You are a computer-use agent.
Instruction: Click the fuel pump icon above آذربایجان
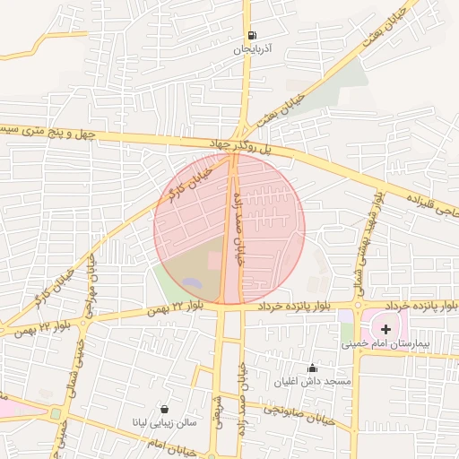pyautogui.click(x=248, y=36)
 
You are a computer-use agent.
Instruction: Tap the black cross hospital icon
pyautogui.click(x=386, y=330)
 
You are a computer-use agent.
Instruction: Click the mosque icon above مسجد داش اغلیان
pyautogui.click(x=312, y=367)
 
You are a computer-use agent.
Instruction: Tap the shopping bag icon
pyautogui.click(x=163, y=408)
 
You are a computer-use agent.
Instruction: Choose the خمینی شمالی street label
pyautogui.click(x=75, y=368)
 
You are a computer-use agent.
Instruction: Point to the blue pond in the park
pyautogui.click(x=192, y=282)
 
